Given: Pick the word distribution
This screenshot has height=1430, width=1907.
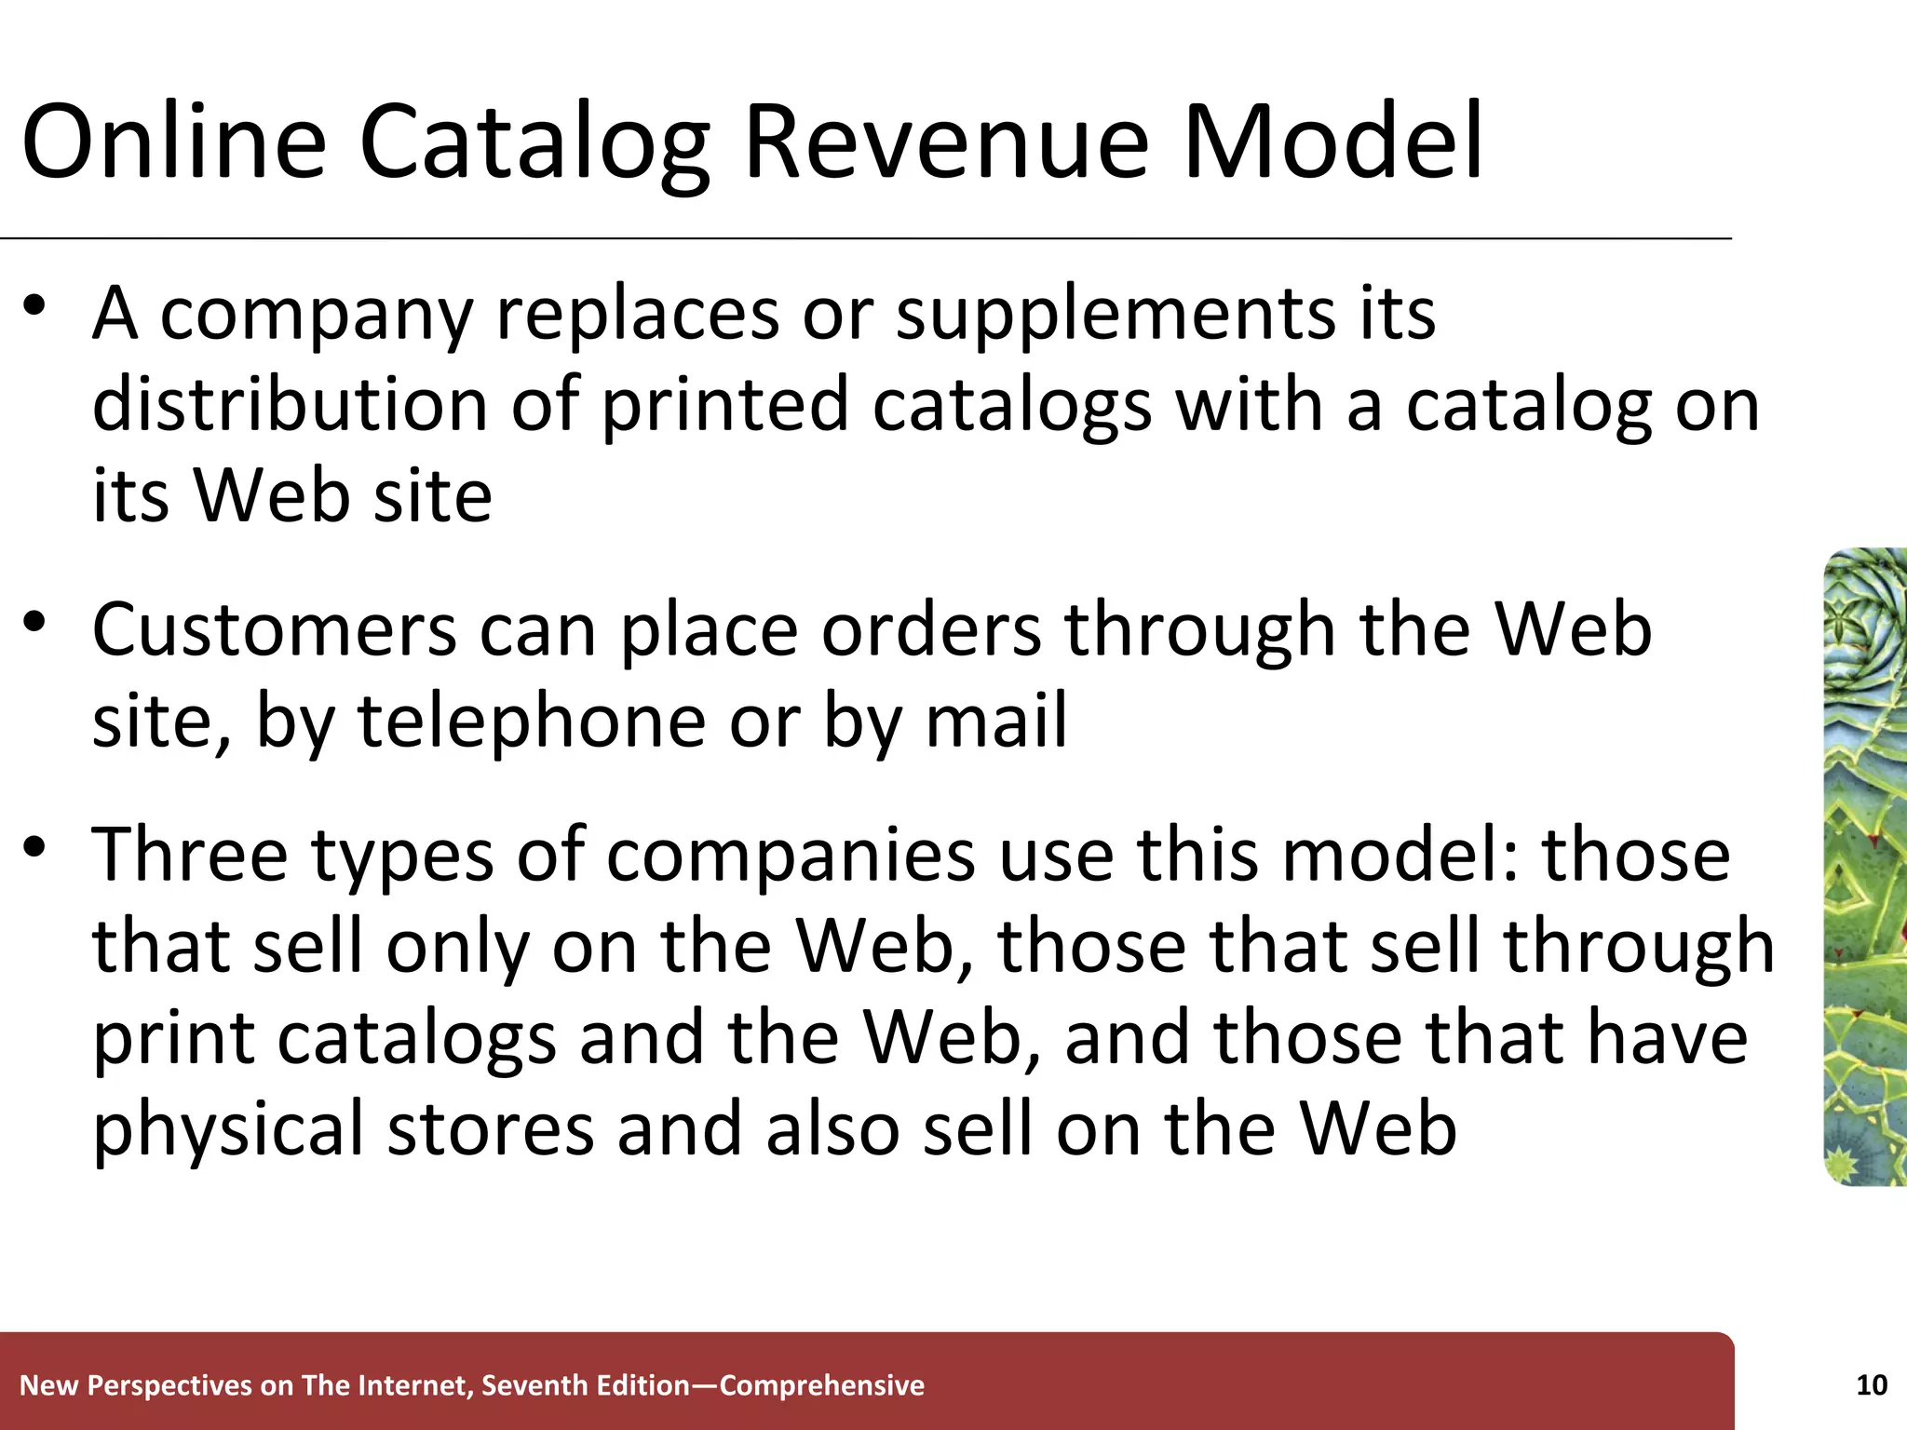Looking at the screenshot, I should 291,405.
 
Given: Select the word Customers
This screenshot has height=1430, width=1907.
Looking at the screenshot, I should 274,630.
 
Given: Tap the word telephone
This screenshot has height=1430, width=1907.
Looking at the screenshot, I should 532,722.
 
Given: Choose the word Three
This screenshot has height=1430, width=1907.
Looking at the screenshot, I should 190,855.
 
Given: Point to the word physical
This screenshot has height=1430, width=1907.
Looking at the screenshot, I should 228,1130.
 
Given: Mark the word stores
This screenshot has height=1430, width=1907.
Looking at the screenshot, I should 490,1128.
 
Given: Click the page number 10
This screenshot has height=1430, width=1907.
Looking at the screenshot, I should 1872,1385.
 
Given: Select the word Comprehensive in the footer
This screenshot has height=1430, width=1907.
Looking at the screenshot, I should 822,1386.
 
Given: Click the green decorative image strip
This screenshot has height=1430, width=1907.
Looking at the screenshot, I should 1864,866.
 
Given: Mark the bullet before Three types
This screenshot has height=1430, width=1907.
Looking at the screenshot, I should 35,848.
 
